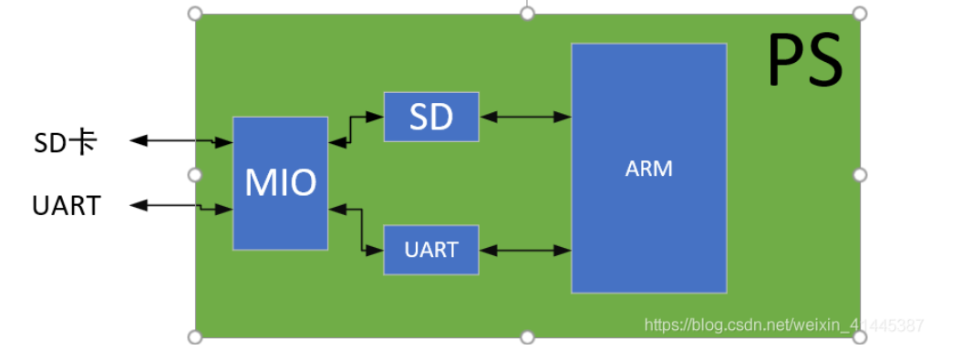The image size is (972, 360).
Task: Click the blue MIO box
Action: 280,183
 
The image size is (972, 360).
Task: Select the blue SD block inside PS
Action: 431,117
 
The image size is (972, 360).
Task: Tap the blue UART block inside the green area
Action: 431,249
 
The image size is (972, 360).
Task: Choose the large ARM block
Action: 648,169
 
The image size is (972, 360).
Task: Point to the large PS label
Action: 804,60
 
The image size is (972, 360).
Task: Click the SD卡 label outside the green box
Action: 66,141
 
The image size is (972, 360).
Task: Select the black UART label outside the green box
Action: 66,206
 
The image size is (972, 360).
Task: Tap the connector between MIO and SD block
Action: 356,129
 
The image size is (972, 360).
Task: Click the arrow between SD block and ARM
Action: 525,116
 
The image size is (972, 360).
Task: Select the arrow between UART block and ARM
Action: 525,249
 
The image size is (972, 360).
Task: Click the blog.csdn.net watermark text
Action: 783,324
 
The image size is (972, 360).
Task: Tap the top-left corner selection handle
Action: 194,14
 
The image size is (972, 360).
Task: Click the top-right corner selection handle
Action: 859,14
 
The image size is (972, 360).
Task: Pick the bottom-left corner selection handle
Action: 194,337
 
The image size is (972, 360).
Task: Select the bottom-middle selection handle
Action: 527,337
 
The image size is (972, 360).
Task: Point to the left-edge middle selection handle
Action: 194,174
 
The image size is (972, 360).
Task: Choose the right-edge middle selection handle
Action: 859,174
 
